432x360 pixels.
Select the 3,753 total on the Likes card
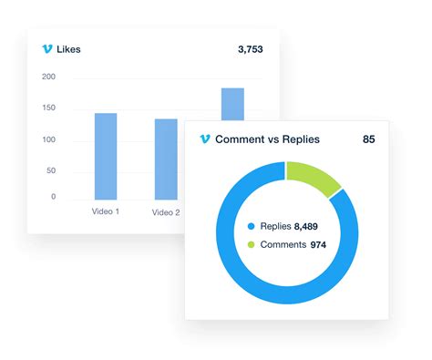tap(247, 48)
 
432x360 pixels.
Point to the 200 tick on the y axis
tap(48, 77)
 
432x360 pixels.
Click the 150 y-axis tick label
tap(48, 108)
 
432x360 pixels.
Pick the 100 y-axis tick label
tap(48, 139)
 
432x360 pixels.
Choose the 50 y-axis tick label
tap(50, 170)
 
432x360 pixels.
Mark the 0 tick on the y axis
tap(53, 197)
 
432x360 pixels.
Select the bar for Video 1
tap(106, 156)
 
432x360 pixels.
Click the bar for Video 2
tap(166, 159)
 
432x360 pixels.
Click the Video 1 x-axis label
tap(105, 211)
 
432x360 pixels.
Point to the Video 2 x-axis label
tap(166, 212)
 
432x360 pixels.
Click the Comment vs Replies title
tap(273, 139)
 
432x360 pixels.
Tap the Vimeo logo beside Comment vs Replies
tap(204, 139)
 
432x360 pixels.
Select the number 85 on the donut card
tap(368, 139)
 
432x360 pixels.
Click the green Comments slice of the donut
tap(313, 179)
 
